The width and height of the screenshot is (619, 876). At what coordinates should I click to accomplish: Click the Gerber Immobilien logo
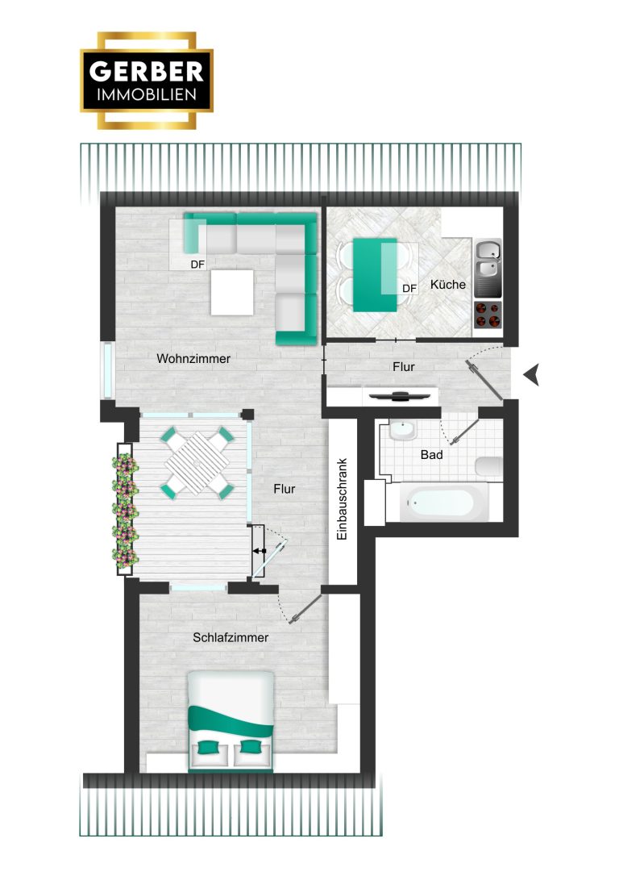pyautogui.click(x=147, y=81)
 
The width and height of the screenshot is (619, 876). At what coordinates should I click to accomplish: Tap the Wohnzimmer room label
pyautogui.click(x=193, y=359)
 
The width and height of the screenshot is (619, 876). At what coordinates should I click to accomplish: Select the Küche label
pyautogui.click(x=447, y=285)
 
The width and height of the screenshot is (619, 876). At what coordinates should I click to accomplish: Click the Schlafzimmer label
pyautogui.click(x=231, y=637)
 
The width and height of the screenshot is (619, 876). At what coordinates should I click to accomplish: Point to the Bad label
pyautogui.click(x=431, y=455)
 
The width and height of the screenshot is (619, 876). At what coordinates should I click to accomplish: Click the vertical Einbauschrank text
pyautogui.click(x=343, y=498)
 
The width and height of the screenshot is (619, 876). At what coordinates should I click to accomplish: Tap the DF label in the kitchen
pyautogui.click(x=409, y=288)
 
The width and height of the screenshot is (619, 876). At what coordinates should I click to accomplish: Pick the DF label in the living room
pyautogui.click(x=197, y=265)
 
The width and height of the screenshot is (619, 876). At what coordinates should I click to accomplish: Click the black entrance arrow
pyautogui.click(x=531, y=374)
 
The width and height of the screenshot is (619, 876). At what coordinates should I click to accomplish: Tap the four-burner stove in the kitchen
pyautogui.click(x=488, y=315)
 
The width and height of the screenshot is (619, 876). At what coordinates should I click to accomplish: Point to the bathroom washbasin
pyautogui.click(x=401, y=431)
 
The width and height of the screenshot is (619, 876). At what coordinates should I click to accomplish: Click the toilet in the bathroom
pyautogui.click(x=489, y=467)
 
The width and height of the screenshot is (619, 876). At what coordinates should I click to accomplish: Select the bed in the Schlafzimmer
pyautogui.click(x=231, y=722)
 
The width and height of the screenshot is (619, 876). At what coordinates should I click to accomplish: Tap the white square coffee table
pyautogui.click(x=232, y=292)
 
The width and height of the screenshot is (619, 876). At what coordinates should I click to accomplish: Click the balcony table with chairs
pyautogui.click(x=197, y=463)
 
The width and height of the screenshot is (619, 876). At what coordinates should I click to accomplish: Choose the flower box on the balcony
pyautogui.click(x=124, y=509)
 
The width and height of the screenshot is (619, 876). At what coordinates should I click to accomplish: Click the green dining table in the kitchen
pyautogui.click(x=375, y=275)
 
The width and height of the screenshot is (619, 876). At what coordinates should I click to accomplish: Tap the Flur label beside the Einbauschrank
pyautogui.click(x=284, y=489)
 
